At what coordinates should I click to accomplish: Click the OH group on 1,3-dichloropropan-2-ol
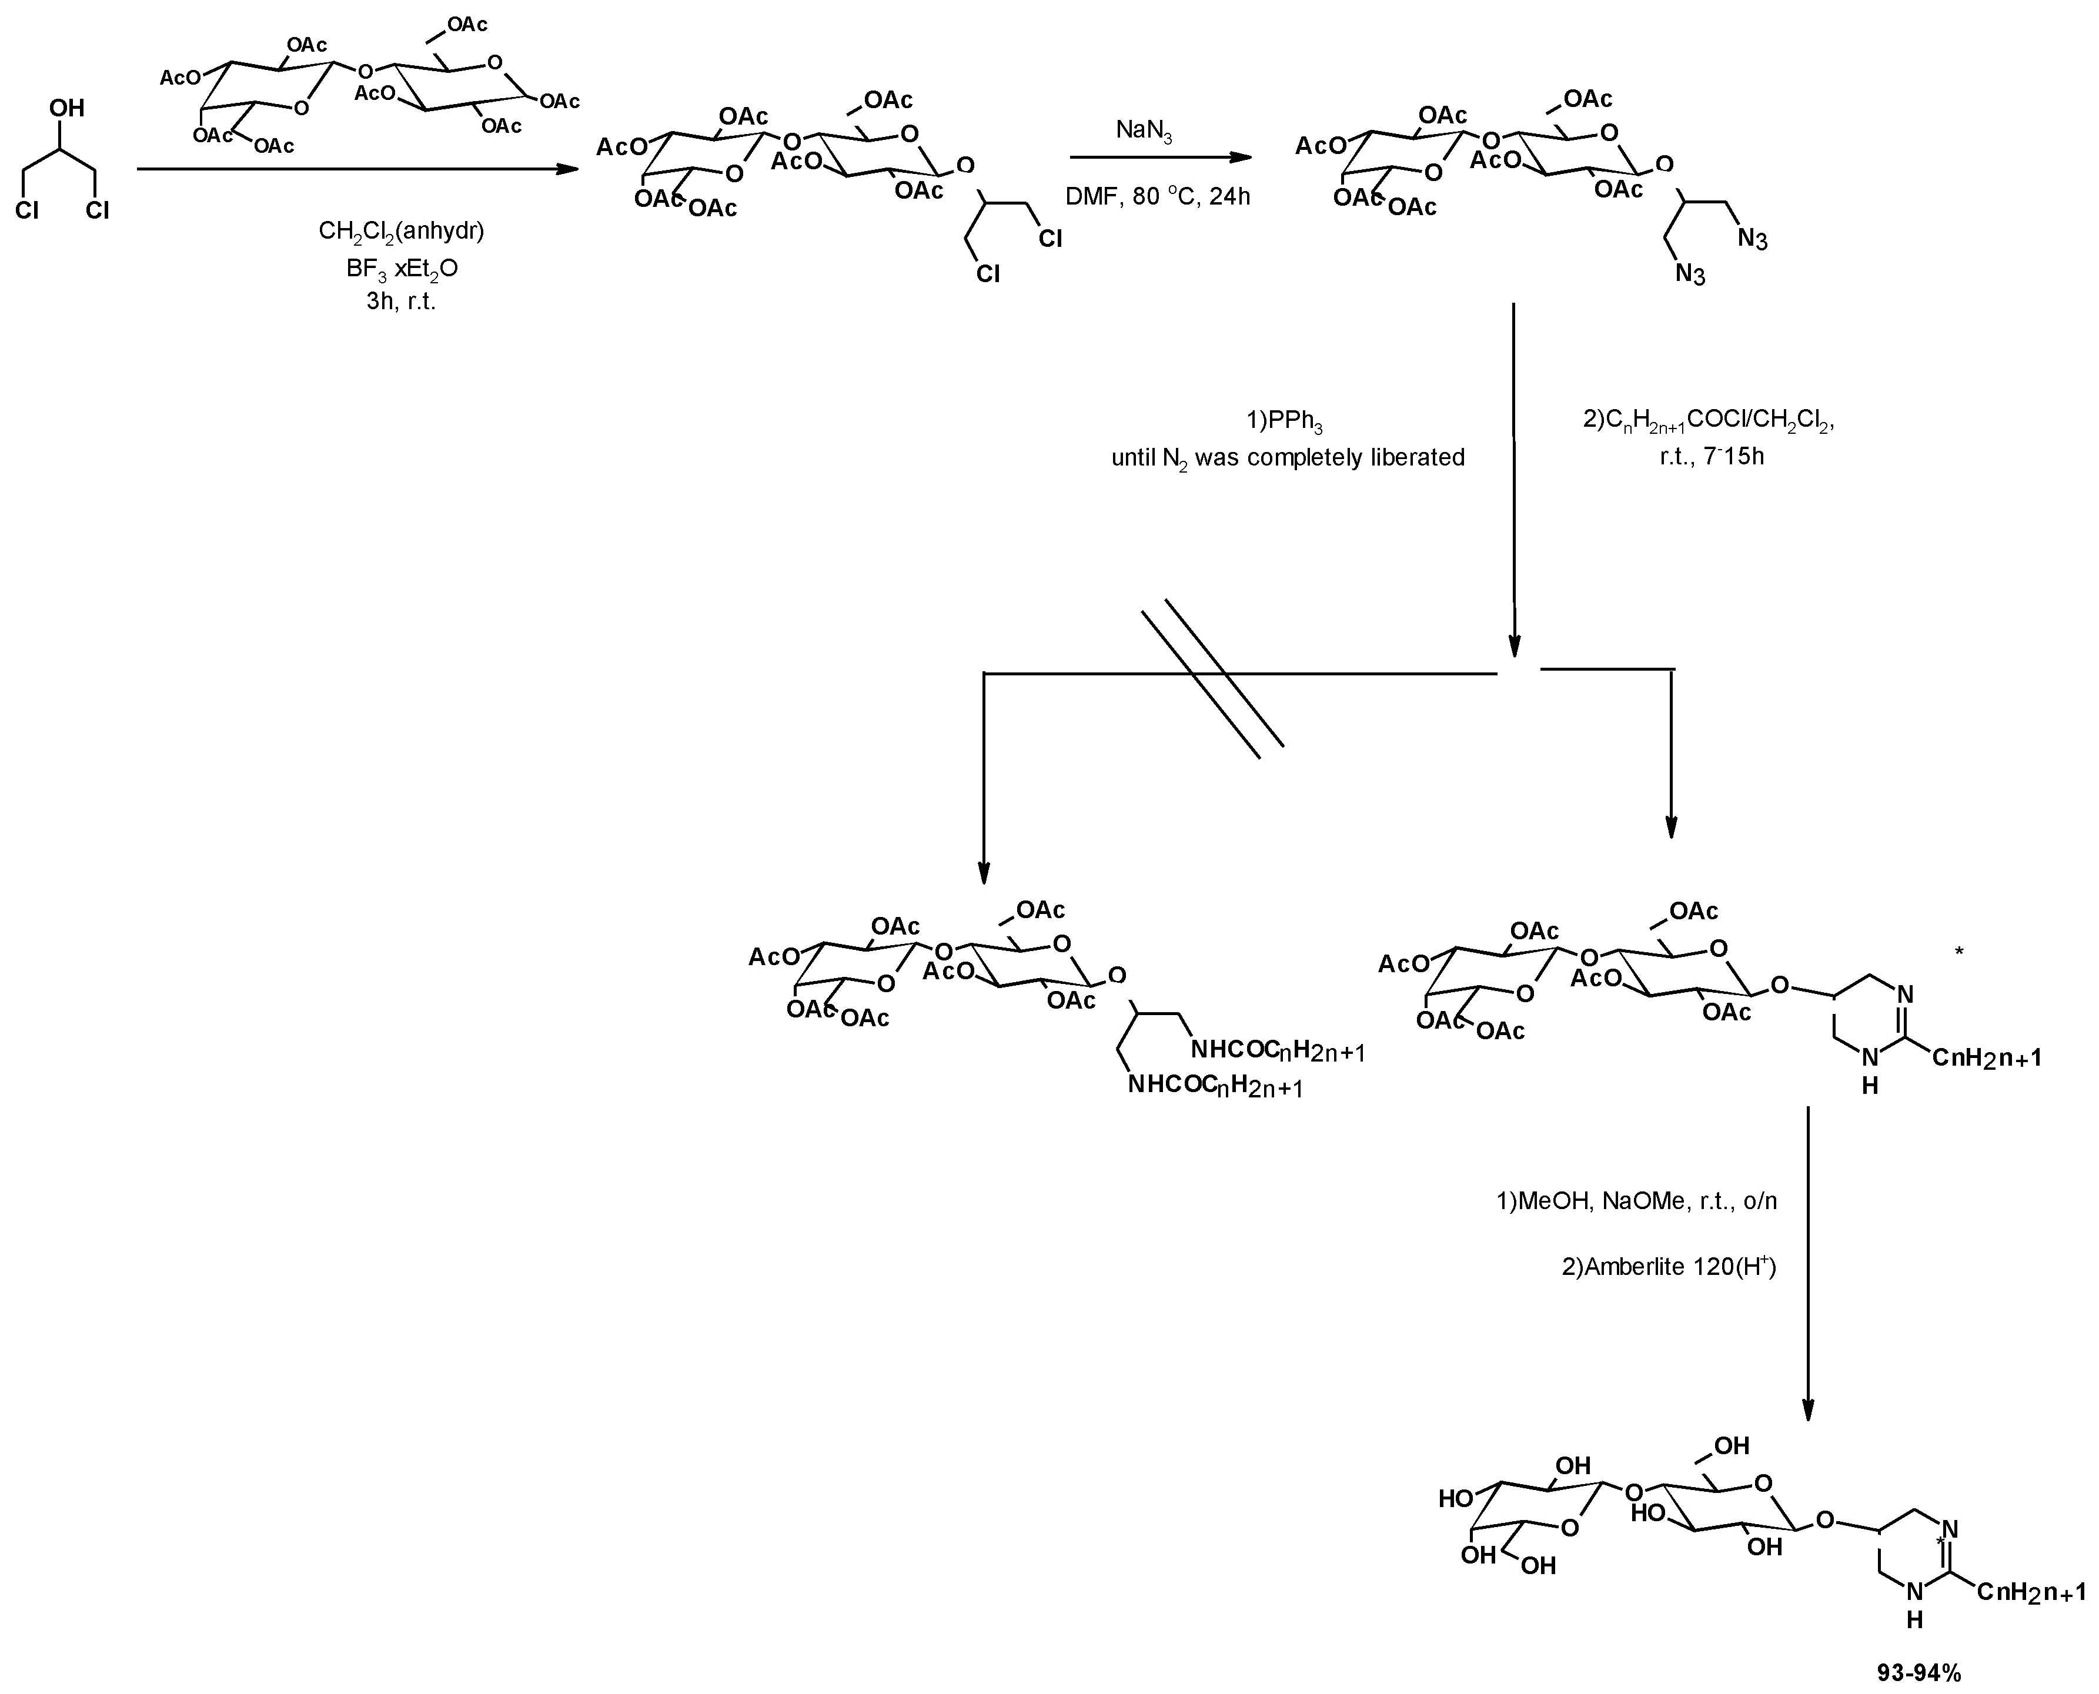click(x=68, y=108)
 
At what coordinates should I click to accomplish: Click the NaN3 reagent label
click(x=1144, y=130)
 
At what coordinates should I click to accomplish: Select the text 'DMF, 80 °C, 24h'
click(x=1157, y=196)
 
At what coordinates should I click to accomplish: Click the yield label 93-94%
click(x=1918, y=1672)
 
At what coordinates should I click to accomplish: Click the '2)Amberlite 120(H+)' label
click(x=1669, y=1267)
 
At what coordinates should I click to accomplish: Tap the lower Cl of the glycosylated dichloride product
click(x=988, y=274)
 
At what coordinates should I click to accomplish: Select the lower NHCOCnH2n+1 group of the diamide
click(x=1215, y=1085)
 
